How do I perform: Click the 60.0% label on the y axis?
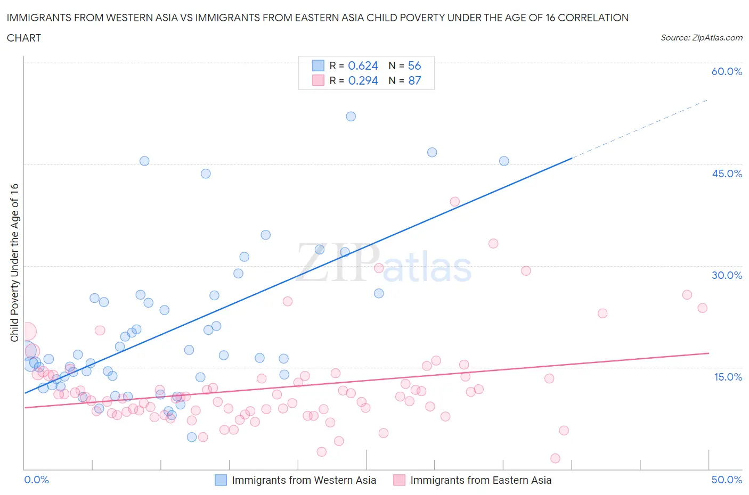pyautogui.click(x=727, y=71)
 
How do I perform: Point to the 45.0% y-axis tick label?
pyautogui.click(x=727, y=174)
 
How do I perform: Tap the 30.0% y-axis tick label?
pyautogui.click(x=727, y=275)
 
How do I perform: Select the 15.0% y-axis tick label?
pyautogui.click(x=727, y=377)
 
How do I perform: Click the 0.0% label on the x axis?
pyautogui.click(x=37, y=480)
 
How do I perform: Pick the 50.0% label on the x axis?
pyautogui.click(x=727, y=480)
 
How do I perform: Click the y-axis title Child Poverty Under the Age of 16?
pyautogui.click(x=14, y=262)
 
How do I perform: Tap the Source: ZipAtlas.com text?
pyautogui.click(x=701, y=37)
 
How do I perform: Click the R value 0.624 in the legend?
pyautogui.click(x=363, y=65)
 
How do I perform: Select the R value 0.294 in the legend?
pyautogui.click(x=363, y=80)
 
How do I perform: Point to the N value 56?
pyautogui.click(x=414, y=65)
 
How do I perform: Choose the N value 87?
pyautogui.click(x=414, y=80)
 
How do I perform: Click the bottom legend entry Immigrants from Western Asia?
pyautogui.click(x=304, y=480)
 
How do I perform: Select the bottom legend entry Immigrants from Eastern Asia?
pyautogui.click(x=481, y=480)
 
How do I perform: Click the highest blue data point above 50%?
pyautogui.click(x=351, y=116)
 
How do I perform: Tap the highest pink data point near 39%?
pyautogui.click(x=454, y=201)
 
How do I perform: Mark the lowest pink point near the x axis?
pyautogui.click(x=555, y=458)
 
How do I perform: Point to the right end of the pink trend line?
pyautogui.click(x=709, y=353)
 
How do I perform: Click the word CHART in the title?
pyautogui.click(x=24, y=38)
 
